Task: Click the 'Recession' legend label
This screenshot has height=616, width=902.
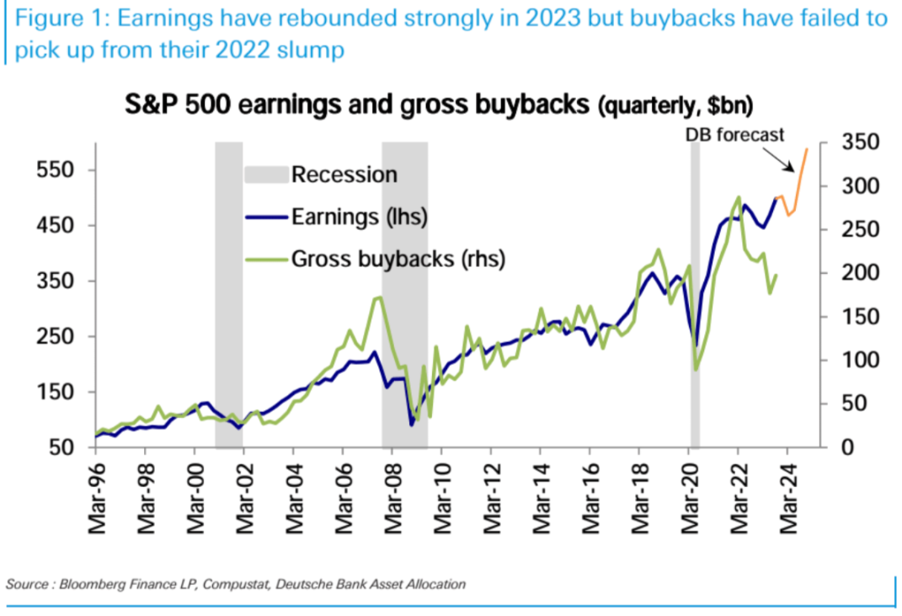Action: (x=344, y=174)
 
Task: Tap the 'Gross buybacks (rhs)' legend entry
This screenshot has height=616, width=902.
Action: (x=398, y=259)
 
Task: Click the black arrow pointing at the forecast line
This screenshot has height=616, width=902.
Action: (x=781, y=159)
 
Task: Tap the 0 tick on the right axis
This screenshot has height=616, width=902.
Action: (x=847, y=447)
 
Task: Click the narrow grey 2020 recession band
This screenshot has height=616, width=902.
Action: (x=695, y=295)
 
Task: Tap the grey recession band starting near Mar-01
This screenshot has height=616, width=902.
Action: (x=229, y=295)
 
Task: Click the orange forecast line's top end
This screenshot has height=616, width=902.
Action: (x=807, y=149)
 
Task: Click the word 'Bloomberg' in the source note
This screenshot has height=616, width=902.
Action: (x=93, y=584)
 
